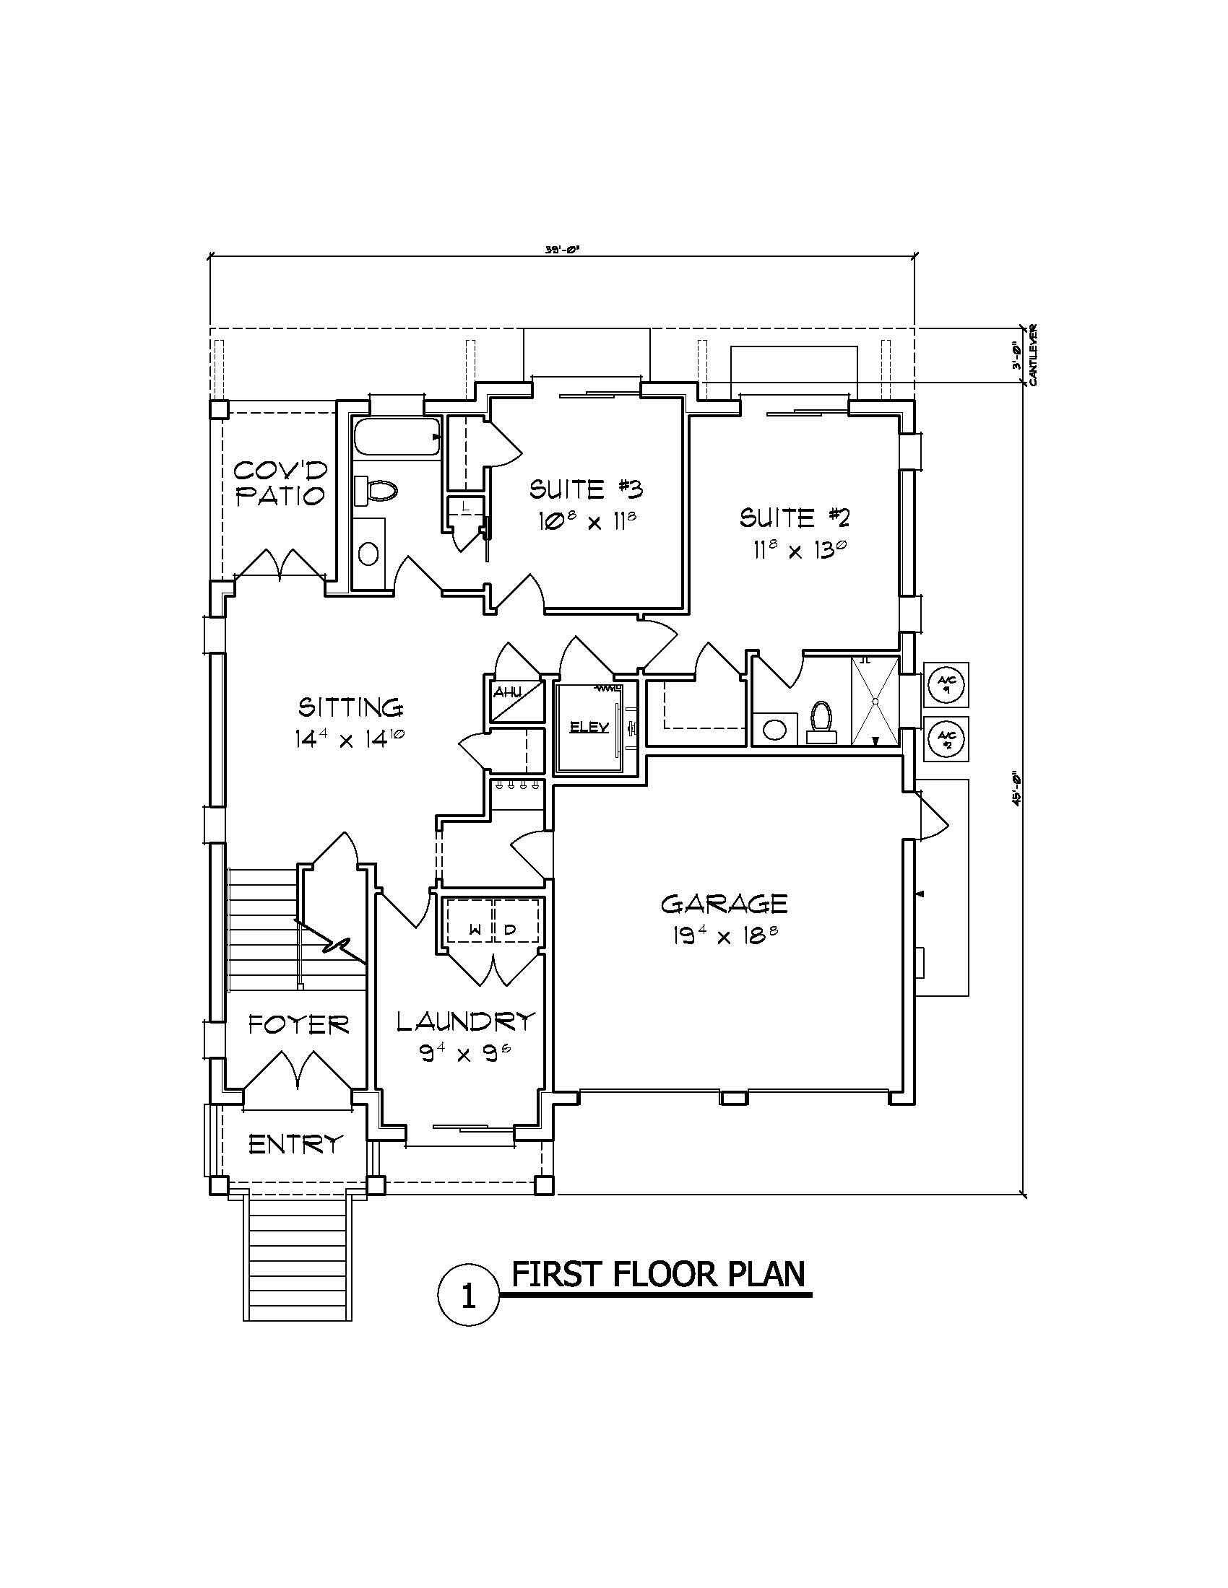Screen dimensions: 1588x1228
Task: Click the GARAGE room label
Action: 724,904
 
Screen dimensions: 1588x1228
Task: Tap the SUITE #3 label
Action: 586,489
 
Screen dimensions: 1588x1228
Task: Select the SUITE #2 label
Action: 795,518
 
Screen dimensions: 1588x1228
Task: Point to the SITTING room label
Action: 350,707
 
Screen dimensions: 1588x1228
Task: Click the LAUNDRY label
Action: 466,1021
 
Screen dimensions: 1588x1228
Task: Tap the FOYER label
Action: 298,1025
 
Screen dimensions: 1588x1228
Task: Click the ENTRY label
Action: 295,1145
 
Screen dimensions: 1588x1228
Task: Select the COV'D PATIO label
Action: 280,483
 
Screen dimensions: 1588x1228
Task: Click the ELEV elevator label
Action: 589,727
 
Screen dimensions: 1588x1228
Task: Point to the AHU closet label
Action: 507,692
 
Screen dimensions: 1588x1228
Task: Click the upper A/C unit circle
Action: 946,684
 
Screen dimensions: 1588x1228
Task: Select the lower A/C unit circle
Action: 946,738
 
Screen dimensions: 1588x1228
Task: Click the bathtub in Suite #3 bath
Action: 397,436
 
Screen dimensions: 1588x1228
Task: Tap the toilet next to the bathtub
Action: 379,491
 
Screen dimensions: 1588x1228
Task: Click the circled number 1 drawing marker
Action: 469,1296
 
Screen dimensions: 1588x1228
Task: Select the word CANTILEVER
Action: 1033,354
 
